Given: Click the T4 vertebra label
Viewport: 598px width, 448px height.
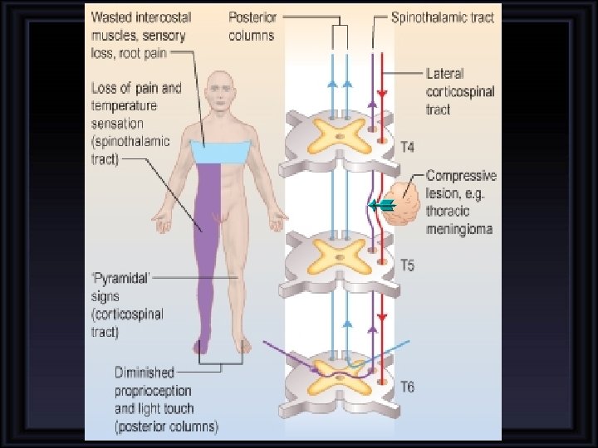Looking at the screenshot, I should point(408,148).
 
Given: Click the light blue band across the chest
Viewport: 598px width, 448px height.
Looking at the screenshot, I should point(220,153).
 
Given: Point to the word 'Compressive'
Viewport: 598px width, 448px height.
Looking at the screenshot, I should point(461,176).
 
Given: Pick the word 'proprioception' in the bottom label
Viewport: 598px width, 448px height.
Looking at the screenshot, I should point(153,391).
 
